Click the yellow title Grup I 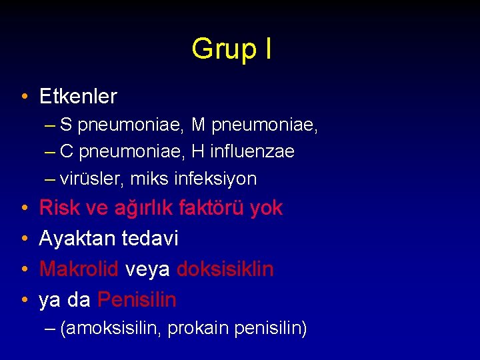231,49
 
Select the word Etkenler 78,97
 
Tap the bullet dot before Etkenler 23,97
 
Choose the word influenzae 251,152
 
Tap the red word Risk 56,208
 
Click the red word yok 265,208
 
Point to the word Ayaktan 78,238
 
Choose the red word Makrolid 79,269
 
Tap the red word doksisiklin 225,269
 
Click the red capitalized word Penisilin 137,300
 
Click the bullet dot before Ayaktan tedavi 23,239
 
